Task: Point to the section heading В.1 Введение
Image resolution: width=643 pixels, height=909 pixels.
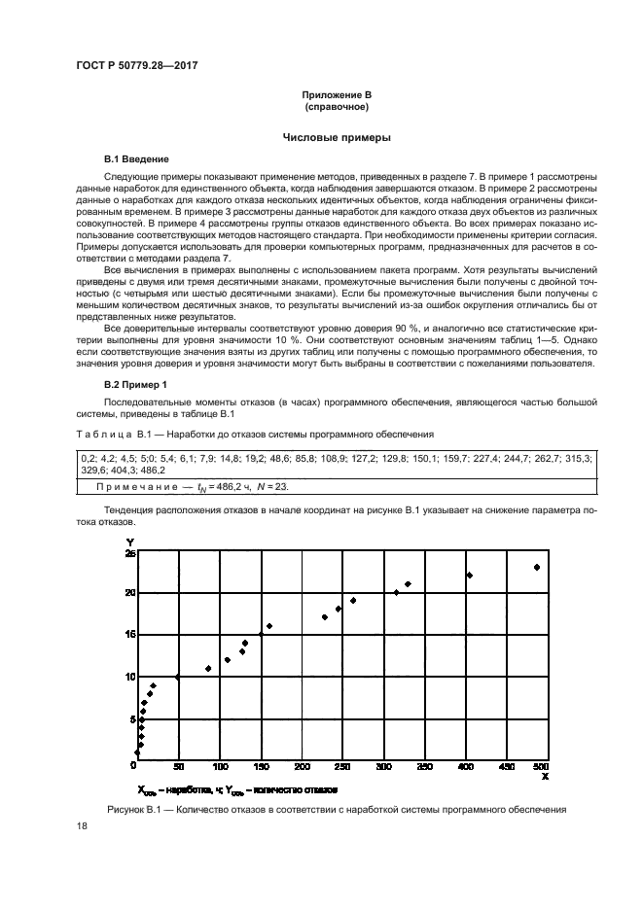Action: click(137, 158)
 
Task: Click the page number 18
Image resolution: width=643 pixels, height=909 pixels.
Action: click(82, 825)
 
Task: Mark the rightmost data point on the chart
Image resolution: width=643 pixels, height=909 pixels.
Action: click(537, 567)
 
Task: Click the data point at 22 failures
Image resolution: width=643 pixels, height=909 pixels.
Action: click(469, 576)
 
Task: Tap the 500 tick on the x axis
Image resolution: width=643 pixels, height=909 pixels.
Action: click(543, 767)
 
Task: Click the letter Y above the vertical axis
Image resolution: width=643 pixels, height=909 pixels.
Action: click(130, 542)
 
